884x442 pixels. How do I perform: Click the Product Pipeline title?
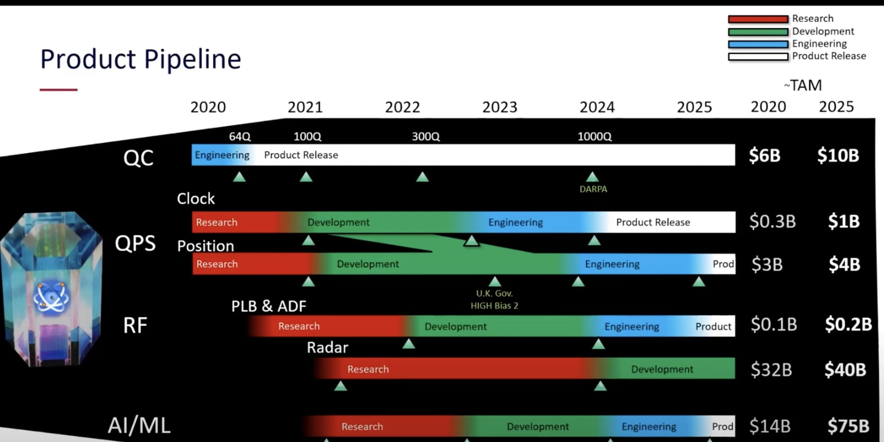141,59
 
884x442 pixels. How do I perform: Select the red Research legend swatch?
758,19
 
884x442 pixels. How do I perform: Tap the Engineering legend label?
819,44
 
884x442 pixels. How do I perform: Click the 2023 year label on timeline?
499,107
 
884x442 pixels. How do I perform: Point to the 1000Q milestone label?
594,137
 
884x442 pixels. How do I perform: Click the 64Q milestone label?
240,137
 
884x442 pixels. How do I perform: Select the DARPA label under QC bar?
593,189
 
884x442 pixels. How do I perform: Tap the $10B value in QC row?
838,156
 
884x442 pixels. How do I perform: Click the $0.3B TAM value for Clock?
772,221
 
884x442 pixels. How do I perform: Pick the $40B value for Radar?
845,369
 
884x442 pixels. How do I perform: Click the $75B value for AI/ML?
848,426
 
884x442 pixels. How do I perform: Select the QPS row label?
135,243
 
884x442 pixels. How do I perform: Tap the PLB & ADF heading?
269,306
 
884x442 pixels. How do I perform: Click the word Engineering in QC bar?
222,155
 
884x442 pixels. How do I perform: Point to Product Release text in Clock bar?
653,222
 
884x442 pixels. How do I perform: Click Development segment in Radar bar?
662,369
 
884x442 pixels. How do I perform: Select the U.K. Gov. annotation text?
494,294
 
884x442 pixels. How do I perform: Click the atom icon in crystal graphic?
51,298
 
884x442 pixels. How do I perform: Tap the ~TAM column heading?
803,85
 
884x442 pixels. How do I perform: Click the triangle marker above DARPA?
592,177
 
